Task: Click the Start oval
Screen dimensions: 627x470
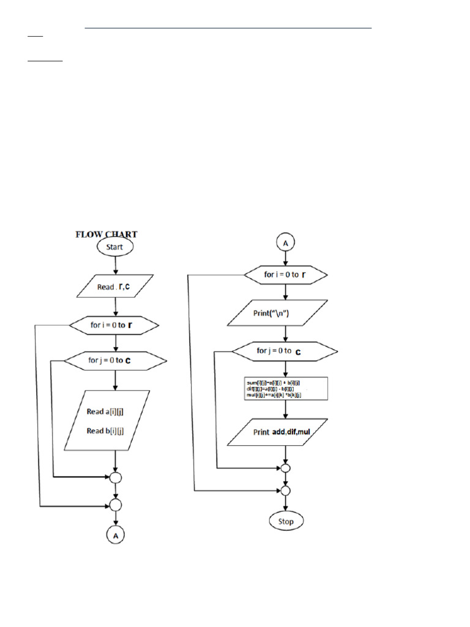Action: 114,247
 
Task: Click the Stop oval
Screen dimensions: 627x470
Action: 286,522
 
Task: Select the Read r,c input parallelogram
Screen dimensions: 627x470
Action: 114,287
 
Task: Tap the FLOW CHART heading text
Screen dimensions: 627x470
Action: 106,234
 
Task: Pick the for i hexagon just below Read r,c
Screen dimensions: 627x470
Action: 114,325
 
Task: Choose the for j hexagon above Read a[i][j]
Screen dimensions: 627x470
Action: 114,360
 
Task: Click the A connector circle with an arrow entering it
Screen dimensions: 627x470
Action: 114,535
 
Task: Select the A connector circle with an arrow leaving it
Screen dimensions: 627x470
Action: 286,242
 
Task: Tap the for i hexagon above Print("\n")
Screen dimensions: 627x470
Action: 286,275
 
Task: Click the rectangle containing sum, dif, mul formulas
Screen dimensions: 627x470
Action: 286,389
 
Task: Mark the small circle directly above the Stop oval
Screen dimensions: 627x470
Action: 286,490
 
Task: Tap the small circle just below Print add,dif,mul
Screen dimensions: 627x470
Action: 286,468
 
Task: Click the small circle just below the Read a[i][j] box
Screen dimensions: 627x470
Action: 114,477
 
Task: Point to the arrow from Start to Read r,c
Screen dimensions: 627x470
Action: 114,265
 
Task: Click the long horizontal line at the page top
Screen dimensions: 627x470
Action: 228,28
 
